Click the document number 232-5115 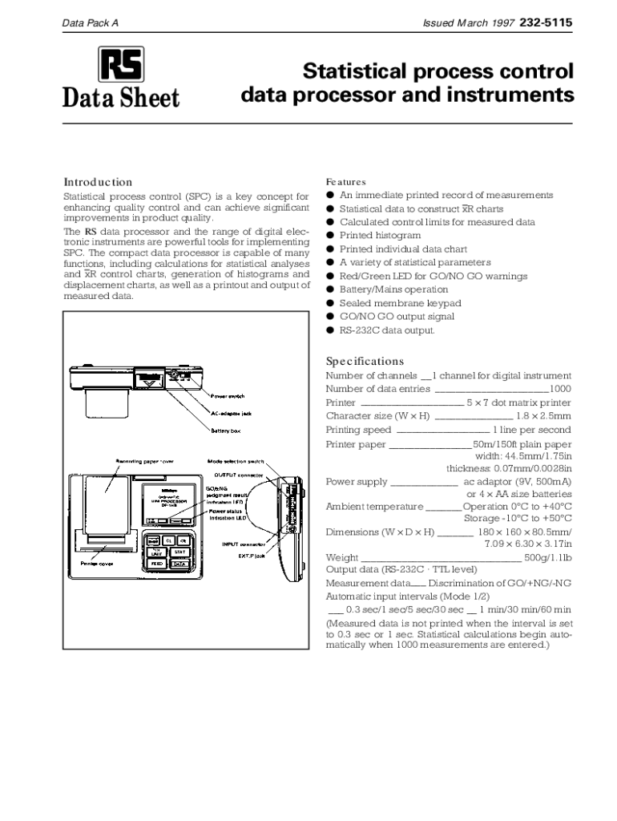click(x=546, y=23)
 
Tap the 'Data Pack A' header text click(x=91, y=24)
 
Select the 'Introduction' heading click(x=98, y=182)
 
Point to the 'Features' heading click(x=345, y=182)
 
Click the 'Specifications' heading click(x=365, y=361)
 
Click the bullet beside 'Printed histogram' click(x=329, y=236)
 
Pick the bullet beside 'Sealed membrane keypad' click(x=329, y=303)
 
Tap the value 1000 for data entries click(x=560, y=389)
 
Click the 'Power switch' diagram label click(x=228, y=396)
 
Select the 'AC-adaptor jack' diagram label click(x=231, y=414)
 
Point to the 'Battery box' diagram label click(x=225, y=431)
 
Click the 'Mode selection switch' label click(x=235, y=462)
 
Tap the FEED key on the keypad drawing click(x=157, y=564)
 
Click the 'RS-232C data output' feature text click(x=387, y=330)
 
